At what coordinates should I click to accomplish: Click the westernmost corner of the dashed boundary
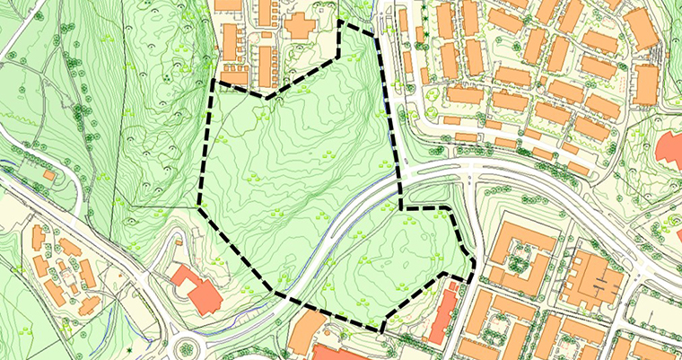198,206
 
